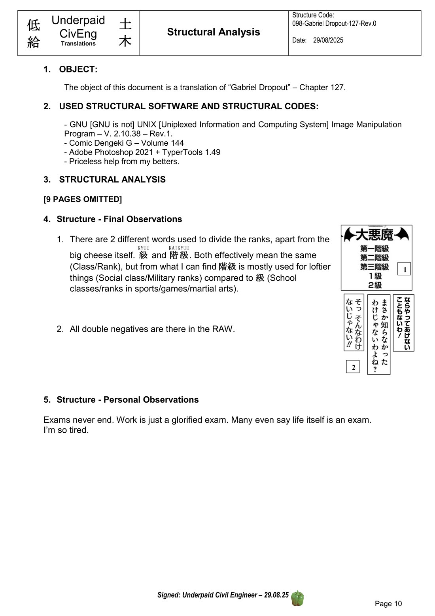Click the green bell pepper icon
297,598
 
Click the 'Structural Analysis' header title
214,32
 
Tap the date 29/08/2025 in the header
328,40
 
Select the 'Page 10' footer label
388,603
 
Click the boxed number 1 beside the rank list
405,270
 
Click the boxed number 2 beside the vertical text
353,367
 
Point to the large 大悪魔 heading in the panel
374,235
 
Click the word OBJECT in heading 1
78,69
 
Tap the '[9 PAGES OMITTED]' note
83,199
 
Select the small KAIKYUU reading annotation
179,248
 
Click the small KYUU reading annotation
143,248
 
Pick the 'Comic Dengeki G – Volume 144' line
126,143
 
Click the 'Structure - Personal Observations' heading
127,399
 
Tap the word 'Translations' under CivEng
78,44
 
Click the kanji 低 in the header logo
34,25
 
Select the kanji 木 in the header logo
125,41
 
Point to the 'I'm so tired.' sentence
66,430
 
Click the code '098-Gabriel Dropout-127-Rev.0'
334,23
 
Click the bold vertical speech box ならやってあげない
403,323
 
